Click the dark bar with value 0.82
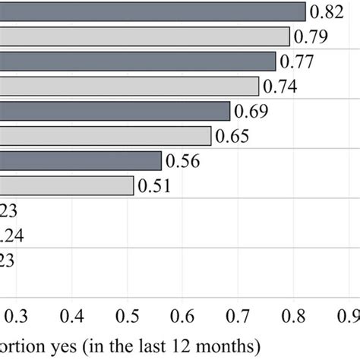[152, 12]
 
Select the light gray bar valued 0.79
[144, 36]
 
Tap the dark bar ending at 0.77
[137, 62]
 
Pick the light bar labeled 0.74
[129, 86]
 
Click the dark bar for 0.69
[114, 111]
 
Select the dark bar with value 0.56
[80, 160]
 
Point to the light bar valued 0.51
[67, 185]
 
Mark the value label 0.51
[155, 186]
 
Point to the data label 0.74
[279, 87]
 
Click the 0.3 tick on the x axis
[11, 314]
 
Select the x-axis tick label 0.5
[128, 314]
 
